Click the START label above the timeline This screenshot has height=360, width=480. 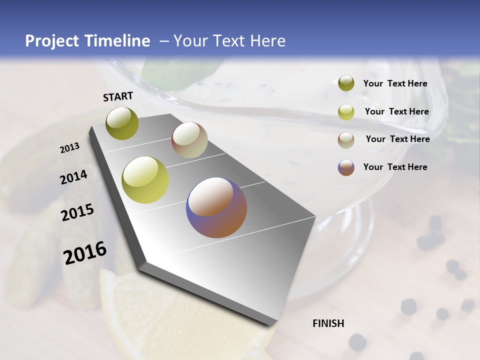point(118,96)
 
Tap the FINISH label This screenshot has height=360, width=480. point(328,323)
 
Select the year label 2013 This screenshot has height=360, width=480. point(70,148)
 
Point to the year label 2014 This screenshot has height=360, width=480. point(74,177)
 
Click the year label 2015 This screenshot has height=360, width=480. point(77,212)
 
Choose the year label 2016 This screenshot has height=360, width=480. point(85,253)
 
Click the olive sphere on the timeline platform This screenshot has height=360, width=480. point(122,123)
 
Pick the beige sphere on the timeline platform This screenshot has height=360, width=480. point(189,140)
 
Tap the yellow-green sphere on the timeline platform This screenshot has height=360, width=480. point(145,180)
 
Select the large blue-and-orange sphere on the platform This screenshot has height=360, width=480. point(216,207)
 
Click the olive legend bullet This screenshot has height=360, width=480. point(346,83)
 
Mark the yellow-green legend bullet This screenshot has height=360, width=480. point(346,112)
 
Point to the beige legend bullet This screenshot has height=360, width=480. point(346,140)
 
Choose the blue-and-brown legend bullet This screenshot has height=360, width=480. point(346,167)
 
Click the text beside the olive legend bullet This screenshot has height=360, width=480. point(395,83)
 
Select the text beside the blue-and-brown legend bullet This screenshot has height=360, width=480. point(395,167)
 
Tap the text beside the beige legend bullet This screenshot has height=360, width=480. point(397,139)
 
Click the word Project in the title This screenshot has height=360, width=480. point(53,41)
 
